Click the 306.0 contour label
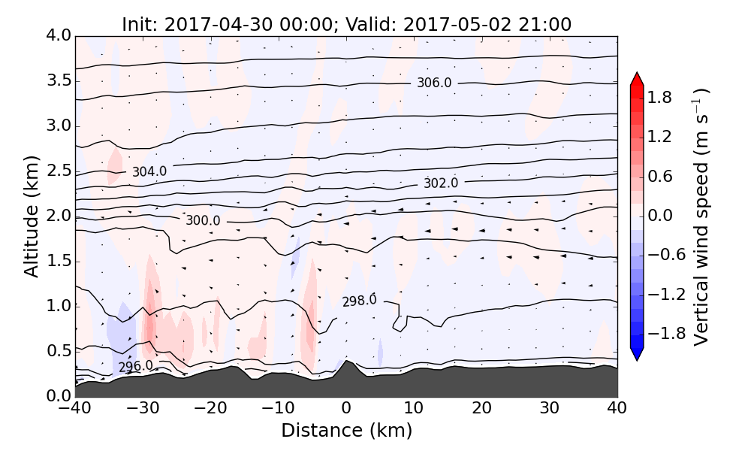coord(434,83)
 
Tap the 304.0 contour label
coord(149,172)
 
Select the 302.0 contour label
coord(441,183)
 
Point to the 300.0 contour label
coord(203,221)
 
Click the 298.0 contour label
coord(359,301)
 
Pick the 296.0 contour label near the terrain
coord(135,367)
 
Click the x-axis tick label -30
coord(143,409)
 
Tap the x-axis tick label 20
coord(481,409)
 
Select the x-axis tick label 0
coord(346,409)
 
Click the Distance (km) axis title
coord(346,431)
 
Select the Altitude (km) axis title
coord(32,216)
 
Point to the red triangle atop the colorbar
coord(637,80)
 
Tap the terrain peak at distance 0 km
coord(345,363)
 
